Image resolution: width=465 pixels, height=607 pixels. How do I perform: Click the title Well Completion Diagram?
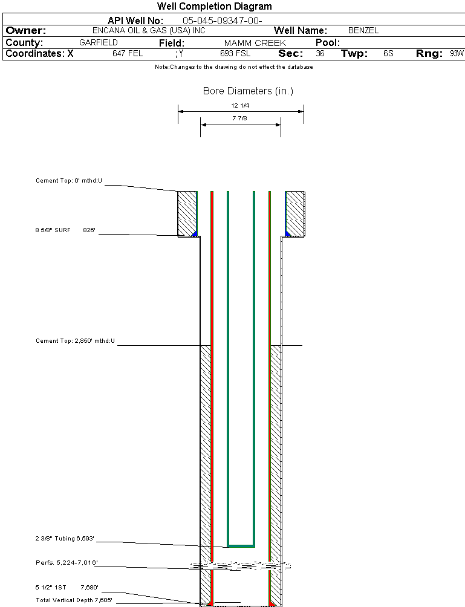pyautogui.click(x=215, y=6)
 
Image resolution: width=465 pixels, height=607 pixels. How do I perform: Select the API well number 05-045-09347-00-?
pyautogui.click(x=223, y=21)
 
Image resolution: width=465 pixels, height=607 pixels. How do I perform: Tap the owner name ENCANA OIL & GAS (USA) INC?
pyautogui.click(x=149, y=31)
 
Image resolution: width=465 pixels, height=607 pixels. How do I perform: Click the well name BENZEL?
pyautogui.click(x=363, y=31)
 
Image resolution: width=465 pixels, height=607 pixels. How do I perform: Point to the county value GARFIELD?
pyautogui.click(x=99, y=42)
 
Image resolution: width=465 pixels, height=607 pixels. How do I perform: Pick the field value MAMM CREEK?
pyautogui.click(x=255, y=43)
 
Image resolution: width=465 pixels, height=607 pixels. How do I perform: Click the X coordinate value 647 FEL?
pyautogui.click(x=128, y=53)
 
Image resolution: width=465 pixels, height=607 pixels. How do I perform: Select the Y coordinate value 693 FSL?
pyautogui.click(x=235, y=53)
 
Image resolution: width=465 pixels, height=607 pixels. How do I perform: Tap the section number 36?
pyautogui.click(x=320, y=53)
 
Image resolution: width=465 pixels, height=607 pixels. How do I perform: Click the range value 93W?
pyautogui.click(x=457, y=53)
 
